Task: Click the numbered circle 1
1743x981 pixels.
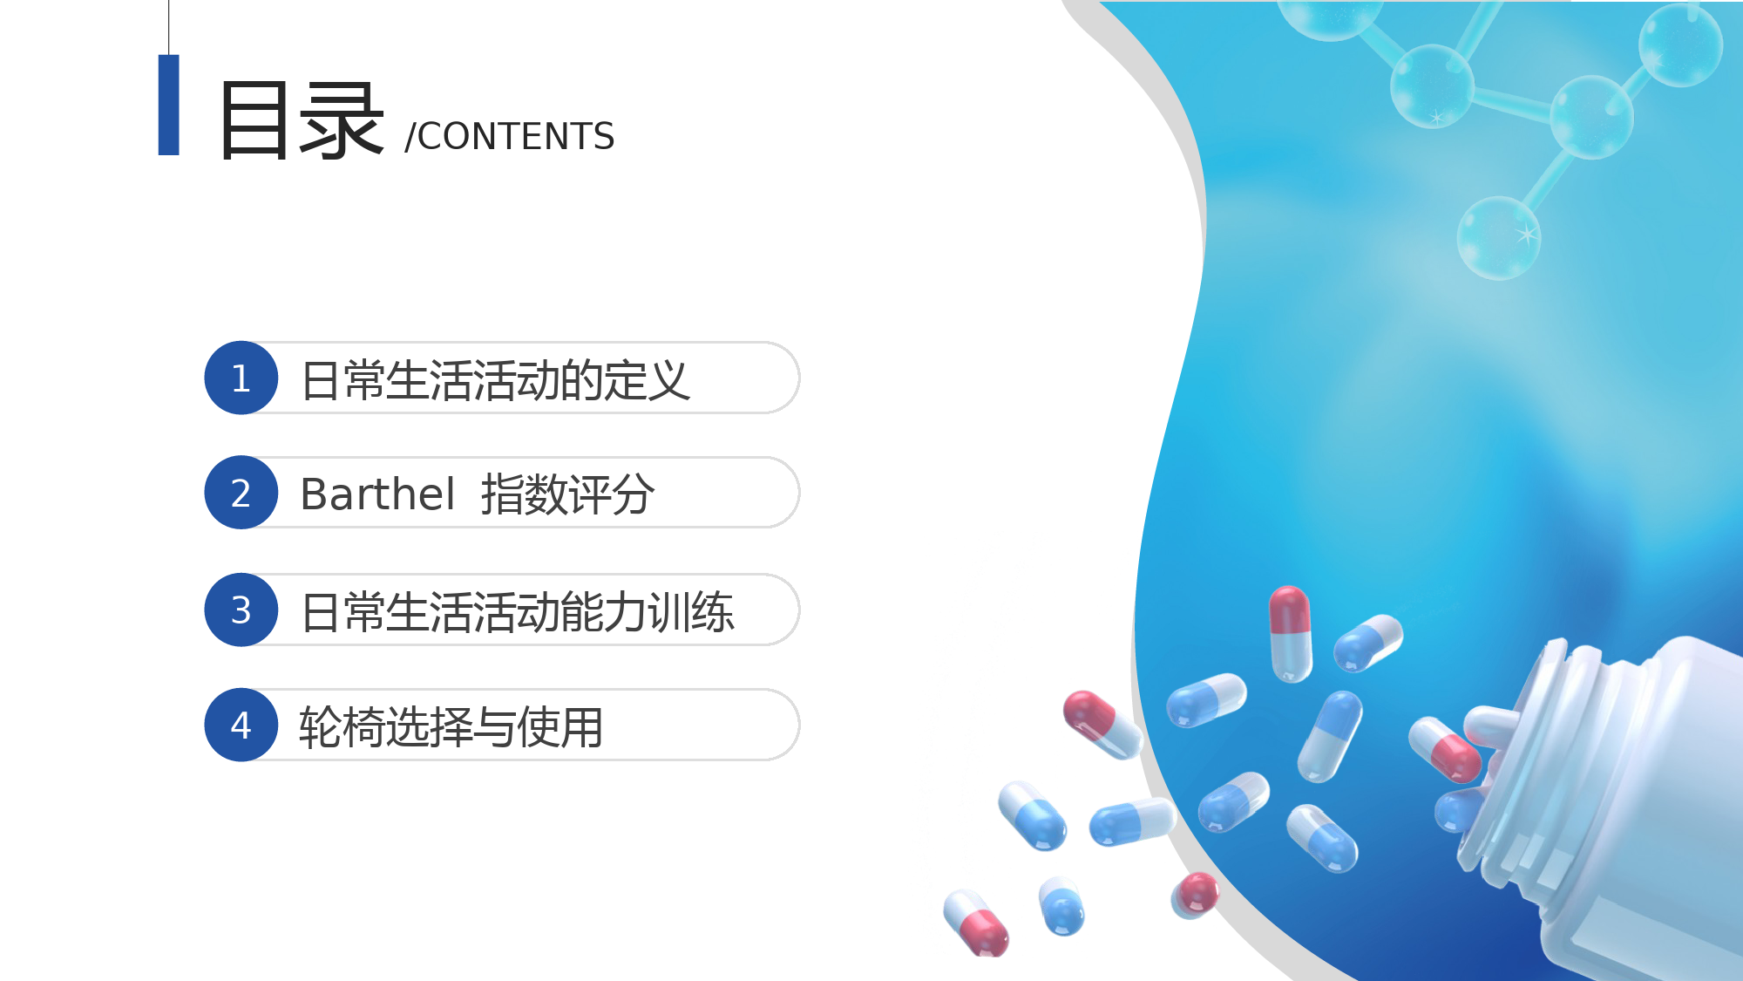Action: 241,378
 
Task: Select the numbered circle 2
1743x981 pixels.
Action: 241,493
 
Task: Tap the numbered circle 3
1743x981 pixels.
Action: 241,610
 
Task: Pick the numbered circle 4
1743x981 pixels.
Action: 241,725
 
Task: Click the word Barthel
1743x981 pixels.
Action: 376,494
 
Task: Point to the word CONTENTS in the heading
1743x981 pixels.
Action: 516,137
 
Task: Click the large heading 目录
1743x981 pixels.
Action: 302,120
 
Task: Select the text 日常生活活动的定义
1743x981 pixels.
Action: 495,380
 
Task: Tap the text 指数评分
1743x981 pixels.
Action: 567,494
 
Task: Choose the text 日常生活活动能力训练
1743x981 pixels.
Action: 518,611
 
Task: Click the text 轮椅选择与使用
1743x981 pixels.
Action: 451,727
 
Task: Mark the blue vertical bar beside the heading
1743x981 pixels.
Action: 169,105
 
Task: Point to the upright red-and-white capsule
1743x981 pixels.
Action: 1291,634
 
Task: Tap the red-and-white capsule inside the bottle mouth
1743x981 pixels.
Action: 1444,749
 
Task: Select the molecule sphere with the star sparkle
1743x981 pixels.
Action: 1499,237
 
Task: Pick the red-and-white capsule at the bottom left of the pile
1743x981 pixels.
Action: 976,923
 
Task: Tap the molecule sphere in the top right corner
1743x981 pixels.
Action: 1680,45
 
